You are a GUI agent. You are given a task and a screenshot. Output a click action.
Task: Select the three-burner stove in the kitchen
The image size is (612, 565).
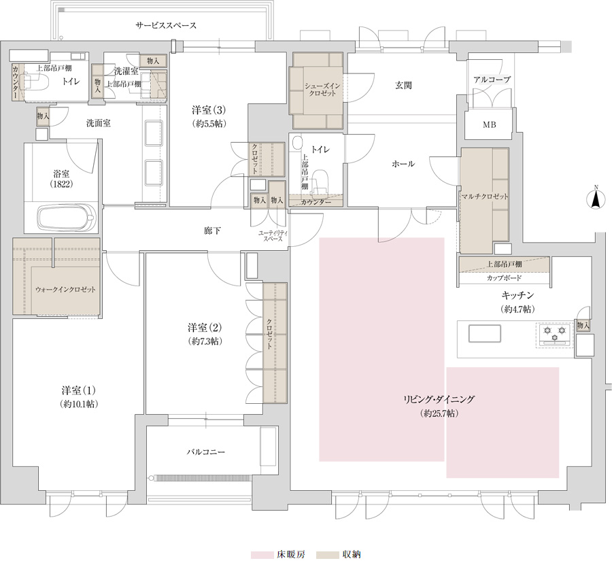(x=555, y=334)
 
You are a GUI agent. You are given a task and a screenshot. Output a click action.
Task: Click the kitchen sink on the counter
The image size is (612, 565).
(x=485, y=334)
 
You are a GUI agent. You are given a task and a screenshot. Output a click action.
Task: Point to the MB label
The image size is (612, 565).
(x=489, y=125)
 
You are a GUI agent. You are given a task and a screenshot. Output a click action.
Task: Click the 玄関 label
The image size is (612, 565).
(x=403, y=85)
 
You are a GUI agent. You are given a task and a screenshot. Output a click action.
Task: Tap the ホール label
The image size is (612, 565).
(x=403, y=164)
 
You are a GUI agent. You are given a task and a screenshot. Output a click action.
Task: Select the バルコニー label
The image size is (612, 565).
(x=205, y=452)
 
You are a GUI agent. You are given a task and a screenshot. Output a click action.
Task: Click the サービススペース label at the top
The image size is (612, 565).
(x=166, y=26)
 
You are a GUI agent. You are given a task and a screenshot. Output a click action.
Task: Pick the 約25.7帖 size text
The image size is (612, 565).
(x=439, y=413)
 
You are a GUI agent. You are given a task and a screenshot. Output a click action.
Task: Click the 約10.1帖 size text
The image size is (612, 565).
(x=80, y=404)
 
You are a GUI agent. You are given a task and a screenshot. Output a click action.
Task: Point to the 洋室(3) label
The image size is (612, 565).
(x=209, y=109)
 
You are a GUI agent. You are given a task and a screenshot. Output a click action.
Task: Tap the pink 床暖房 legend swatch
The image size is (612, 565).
(x=262, y=555)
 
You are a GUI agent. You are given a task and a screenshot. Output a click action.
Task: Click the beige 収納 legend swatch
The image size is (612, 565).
(x=327, y=555)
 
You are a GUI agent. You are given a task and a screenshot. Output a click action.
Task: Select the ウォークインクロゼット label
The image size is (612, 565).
(x=65, y=290)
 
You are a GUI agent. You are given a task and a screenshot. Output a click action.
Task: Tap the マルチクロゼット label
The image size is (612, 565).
(x=484, y=196)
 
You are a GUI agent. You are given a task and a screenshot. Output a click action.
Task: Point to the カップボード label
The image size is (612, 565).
(x=504, y=278)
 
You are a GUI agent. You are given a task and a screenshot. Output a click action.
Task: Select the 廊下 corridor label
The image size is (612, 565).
(x=212, y=231)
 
